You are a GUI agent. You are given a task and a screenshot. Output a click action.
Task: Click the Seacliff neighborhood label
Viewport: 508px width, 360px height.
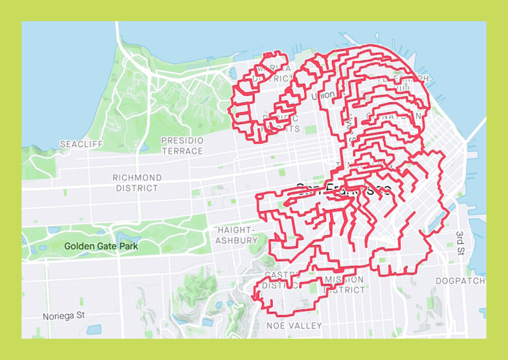coord(81,144)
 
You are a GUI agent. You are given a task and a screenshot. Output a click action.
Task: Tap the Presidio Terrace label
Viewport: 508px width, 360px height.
coord(182,146)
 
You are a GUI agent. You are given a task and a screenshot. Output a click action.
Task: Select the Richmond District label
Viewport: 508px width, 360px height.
coord(137,183)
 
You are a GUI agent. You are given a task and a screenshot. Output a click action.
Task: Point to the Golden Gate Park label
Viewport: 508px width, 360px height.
coord(101,246)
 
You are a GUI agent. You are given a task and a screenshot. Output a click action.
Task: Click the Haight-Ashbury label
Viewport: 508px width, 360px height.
coord(237,235)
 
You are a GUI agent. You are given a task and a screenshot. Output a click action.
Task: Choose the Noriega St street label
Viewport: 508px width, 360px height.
coord(64,316)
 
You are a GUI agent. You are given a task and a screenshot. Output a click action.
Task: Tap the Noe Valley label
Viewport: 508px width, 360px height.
coord(294,326)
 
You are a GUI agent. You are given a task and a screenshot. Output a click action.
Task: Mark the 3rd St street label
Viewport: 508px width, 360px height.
coord(461,244)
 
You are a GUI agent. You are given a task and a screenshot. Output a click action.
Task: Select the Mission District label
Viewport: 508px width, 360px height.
coord(345,285)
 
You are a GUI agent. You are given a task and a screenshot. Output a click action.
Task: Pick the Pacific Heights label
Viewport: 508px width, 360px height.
coord(281,124)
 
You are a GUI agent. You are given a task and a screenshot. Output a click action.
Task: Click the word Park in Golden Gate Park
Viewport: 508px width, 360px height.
coord(127,246)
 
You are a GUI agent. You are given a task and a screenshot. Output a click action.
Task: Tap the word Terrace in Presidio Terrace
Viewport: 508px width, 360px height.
coord(182,151)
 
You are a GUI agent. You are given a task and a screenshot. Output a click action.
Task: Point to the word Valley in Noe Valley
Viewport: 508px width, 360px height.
coord(306,326)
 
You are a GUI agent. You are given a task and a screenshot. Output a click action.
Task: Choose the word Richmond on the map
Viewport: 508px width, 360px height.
coord(137,178)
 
